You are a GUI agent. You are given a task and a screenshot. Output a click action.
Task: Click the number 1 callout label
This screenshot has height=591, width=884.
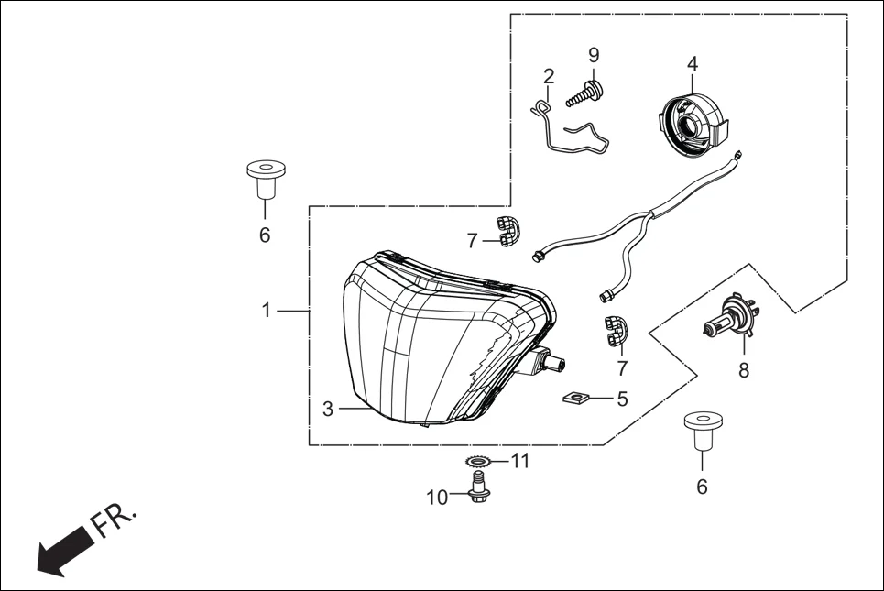(267, 311)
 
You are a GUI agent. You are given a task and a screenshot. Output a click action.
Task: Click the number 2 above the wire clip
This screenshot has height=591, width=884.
(549, 75)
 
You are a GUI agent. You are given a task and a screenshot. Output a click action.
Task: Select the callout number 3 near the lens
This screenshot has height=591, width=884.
(328, 410)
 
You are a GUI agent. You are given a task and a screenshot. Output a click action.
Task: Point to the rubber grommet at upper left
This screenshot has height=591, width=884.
(265, 179)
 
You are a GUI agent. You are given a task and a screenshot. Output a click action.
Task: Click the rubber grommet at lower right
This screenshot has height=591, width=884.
(702, 432)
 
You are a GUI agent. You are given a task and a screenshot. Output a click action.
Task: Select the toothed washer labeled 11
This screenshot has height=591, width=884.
(477, 461)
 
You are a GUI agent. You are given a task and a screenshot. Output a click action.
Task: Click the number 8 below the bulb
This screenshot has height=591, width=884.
(744, 370)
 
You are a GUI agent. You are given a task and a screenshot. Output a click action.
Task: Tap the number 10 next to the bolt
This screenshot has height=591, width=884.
(438, 498)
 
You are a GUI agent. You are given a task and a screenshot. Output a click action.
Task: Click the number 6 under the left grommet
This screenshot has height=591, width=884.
(265, 235)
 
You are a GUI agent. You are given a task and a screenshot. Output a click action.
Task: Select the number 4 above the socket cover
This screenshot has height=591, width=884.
(693, 64)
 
